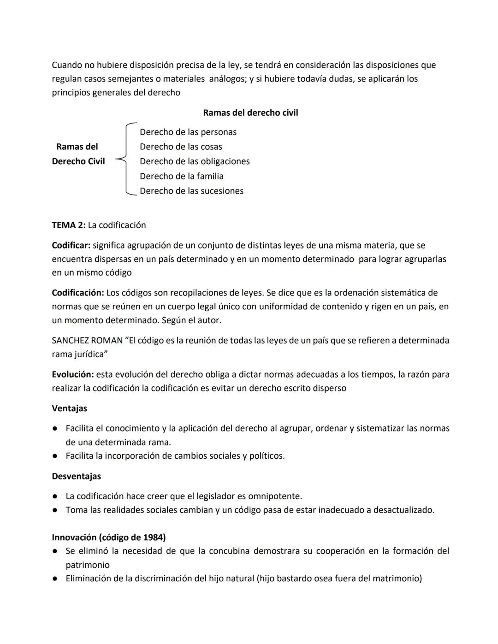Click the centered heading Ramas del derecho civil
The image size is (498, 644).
(250, 113)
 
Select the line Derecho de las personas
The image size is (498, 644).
(188, 132)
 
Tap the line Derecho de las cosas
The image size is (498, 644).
(181, 147)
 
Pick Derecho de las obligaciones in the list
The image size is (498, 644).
(195, 162)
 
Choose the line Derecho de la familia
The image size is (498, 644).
(181, 177)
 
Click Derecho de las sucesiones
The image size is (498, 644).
(191, 191)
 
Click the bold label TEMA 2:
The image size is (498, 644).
(68, 225)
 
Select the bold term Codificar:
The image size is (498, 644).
(71, 246)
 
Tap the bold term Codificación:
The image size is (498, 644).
(77, 293)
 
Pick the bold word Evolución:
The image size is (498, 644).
(72, 375)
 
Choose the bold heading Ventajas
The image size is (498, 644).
(69, 409)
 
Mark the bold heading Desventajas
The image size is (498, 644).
(76, 477)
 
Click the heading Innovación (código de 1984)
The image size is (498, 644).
(109, 538)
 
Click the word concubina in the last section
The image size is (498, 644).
(229, 551)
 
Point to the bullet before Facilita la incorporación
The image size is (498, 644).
(54, 456)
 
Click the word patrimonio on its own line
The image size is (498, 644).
(88, 565)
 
